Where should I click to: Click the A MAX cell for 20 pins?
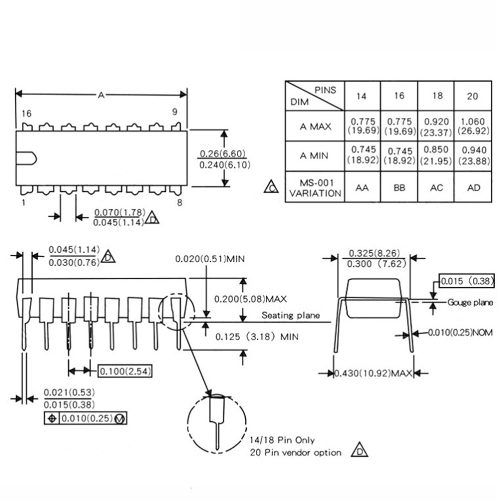click(x=473, y=126)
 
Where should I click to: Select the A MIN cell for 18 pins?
click(x=436, y=155)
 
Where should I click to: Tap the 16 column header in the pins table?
click(x=399, y=96)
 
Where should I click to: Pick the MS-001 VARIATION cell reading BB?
click(x=399, y=188)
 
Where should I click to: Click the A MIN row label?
click(x=314, y=156)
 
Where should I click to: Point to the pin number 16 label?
click(x=27, y=114)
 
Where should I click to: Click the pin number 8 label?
click(x=179, y=203)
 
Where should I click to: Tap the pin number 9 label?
click(x=175, y=112)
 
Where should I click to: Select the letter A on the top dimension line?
click(x=101, y=95)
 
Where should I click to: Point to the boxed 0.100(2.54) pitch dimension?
click(x=125, y=371)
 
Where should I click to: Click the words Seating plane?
click(x=291, y=315)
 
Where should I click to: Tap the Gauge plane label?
click(x=470, y=302)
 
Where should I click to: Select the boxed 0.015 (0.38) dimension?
click(x=467, y=281)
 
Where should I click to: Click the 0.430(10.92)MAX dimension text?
click(x=373, y=373)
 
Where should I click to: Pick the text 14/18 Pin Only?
click(x=282, y=440)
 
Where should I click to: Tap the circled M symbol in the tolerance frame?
click(x=120, y=419)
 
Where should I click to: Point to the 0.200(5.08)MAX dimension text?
click(x=250, y=299)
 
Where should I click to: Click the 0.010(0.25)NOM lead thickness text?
click(x=460, y=332)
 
